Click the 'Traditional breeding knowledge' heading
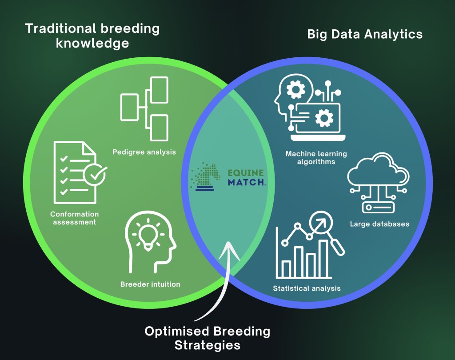click(92, 36)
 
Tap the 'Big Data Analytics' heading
click(365, 35)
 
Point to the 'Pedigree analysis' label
click(144, 152)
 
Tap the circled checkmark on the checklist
click(95, 175)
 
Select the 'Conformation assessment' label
click(74, 218)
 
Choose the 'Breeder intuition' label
click(150, 284)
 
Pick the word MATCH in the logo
click(246, 183)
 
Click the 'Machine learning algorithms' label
click(316, 158)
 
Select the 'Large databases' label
click(379, 224)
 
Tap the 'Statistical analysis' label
click(307, 288)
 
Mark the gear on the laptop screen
click(323, 118)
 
